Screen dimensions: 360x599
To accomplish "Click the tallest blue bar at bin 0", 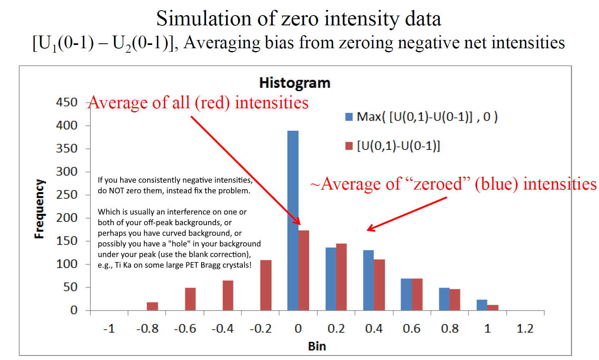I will coord(293,221).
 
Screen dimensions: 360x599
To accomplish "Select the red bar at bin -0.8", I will coord(153,306).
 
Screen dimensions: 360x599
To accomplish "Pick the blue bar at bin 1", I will coord(482,305).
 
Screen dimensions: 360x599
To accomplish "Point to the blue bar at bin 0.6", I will coord(406,294).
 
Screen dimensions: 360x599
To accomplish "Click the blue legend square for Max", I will coord(349,117).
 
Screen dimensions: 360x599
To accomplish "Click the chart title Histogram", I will coord(294,83).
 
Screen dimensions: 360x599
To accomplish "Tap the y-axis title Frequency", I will coord(39,209).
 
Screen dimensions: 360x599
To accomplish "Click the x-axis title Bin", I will coord(317,346).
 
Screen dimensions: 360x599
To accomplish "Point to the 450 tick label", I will coord(67,102).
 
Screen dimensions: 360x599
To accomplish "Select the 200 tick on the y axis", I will coord(67,218).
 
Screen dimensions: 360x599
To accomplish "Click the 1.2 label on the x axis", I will coord(525,329).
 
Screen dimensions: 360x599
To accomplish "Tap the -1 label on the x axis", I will coord(109,329).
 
